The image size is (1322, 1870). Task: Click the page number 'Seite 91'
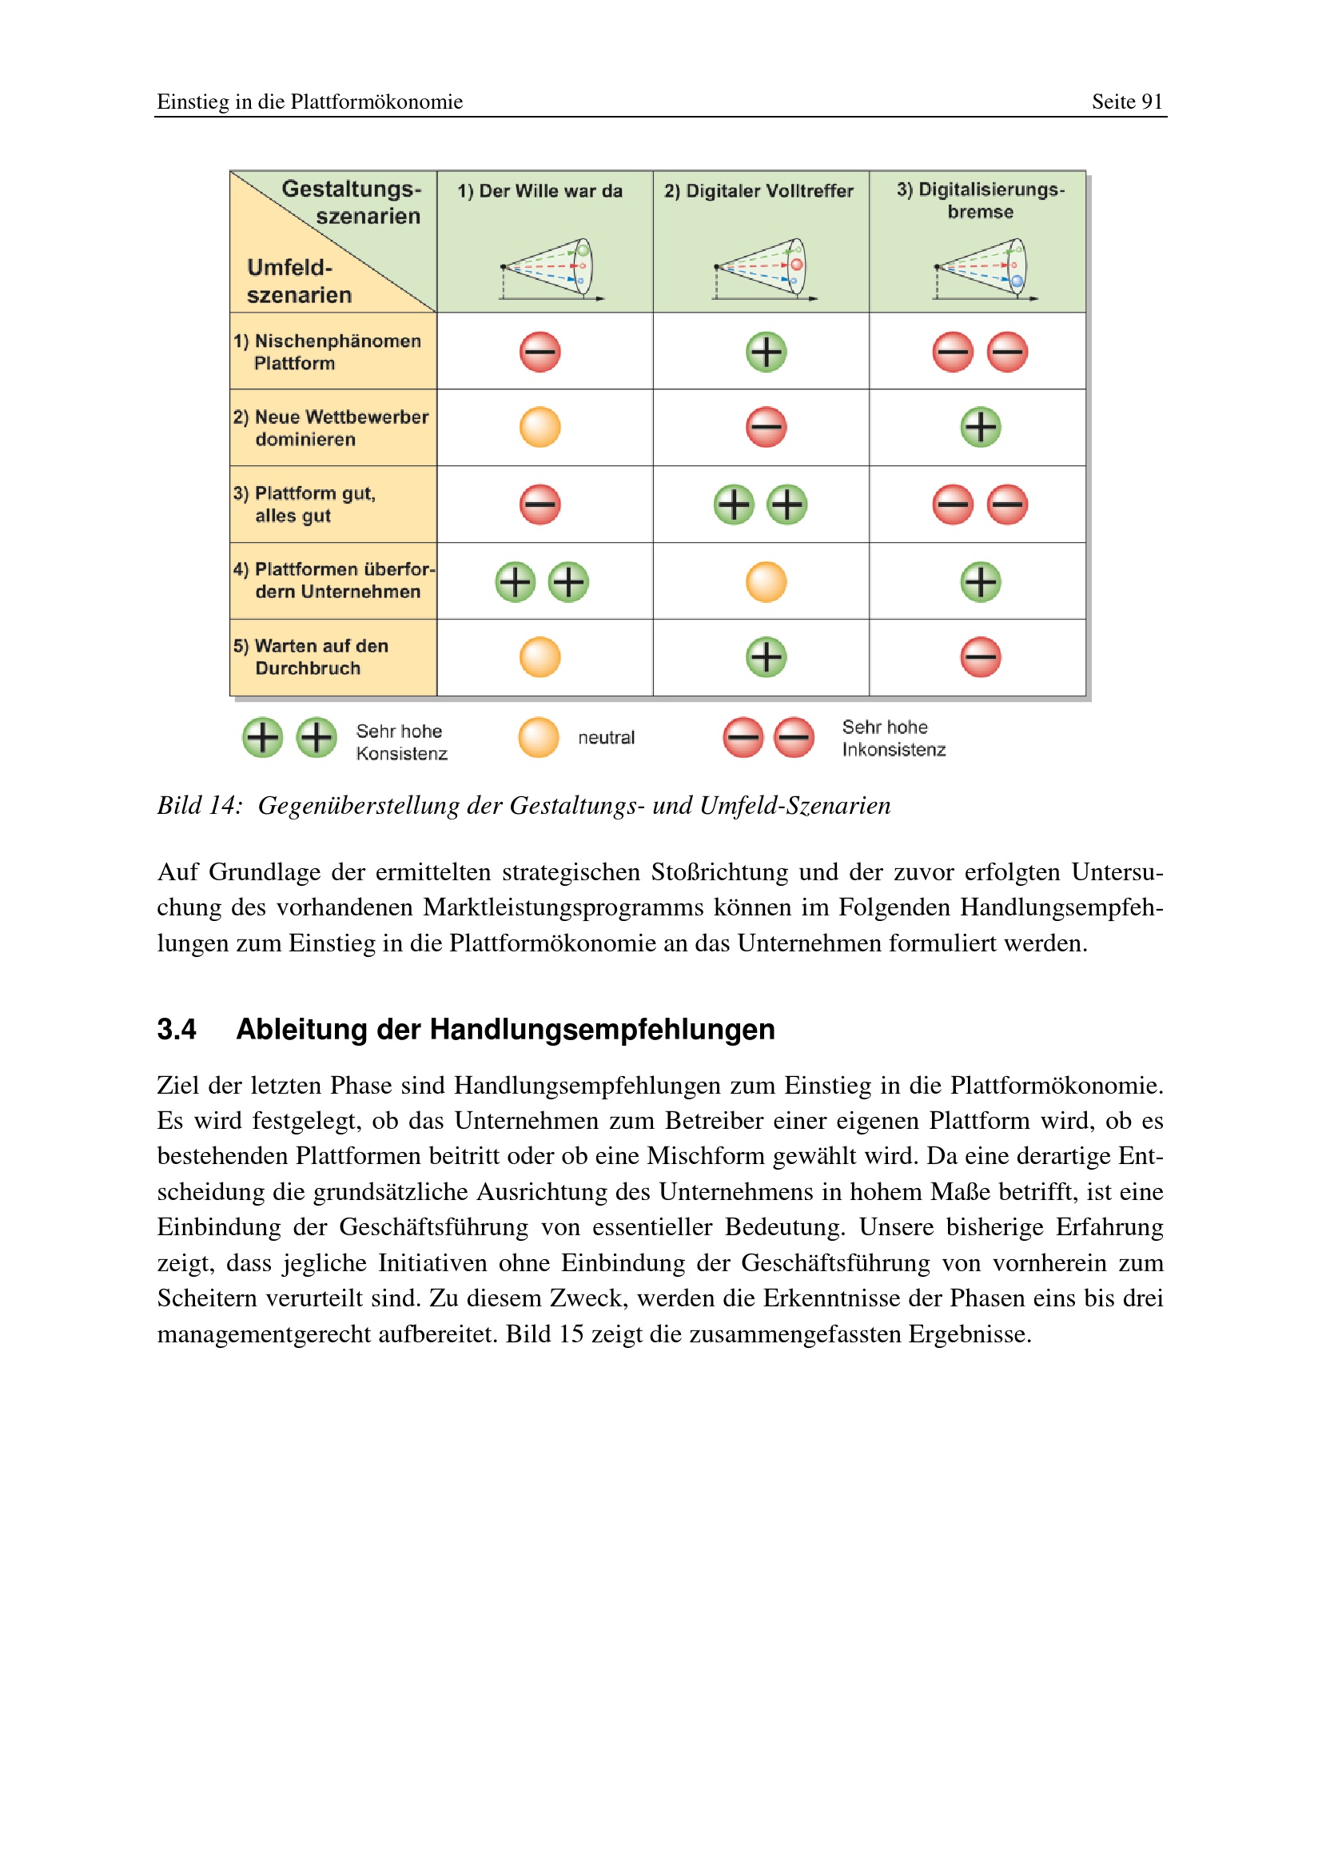(1127, 102)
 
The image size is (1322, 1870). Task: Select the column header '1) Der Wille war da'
(540, 191)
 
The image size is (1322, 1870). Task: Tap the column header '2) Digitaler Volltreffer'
(758, 191)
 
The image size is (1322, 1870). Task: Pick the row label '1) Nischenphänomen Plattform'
(327, 352)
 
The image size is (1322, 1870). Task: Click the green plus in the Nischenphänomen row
(766, 352)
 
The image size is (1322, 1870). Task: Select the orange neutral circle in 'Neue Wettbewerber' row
(540, 428)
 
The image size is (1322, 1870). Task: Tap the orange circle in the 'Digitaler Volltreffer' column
(766, 581)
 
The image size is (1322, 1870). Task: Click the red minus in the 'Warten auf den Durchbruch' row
(980, 656)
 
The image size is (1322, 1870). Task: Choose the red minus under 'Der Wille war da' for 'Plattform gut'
(540, 504)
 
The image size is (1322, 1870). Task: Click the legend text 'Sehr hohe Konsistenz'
(401, 742)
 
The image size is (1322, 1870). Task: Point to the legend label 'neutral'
(606, 738)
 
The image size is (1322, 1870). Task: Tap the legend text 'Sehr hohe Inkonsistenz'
(893, 738)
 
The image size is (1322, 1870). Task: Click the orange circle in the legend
(538, 738)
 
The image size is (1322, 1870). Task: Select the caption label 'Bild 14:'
(200, 806)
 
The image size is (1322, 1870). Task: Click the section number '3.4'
(177, 1030)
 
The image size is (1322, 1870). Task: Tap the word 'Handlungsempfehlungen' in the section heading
(602, 1030)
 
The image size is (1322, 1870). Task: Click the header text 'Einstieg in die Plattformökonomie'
(309, 102)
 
